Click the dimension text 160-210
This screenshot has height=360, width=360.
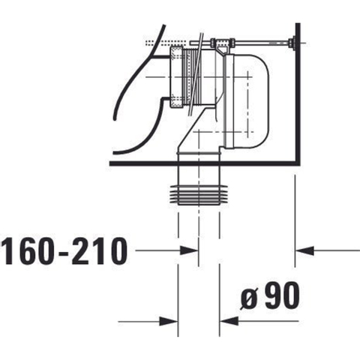click(65, 251)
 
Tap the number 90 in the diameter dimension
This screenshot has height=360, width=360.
click(282, 295)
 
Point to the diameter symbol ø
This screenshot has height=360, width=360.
click(249, 299)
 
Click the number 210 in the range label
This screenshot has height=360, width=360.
click(99, 251)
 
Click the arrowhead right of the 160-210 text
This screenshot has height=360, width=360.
click(189, 250)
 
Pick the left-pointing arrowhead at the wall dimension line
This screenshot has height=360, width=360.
click(304, 250)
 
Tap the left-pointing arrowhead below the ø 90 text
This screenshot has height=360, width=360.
click(229, 321)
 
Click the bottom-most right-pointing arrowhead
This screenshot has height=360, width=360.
click(169, 321)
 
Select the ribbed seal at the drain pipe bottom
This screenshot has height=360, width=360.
click(199, 195)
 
